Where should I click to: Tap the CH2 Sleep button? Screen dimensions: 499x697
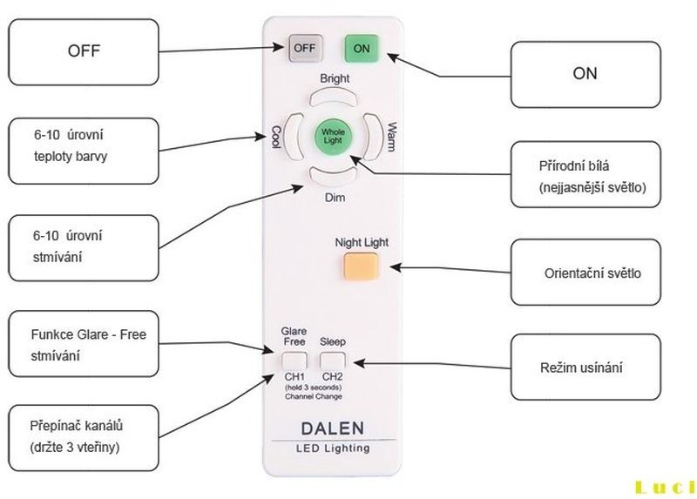(x=332, y=360)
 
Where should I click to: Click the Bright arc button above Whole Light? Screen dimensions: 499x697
(x=334, y=96)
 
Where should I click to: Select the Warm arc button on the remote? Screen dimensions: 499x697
(x=374, y=137)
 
